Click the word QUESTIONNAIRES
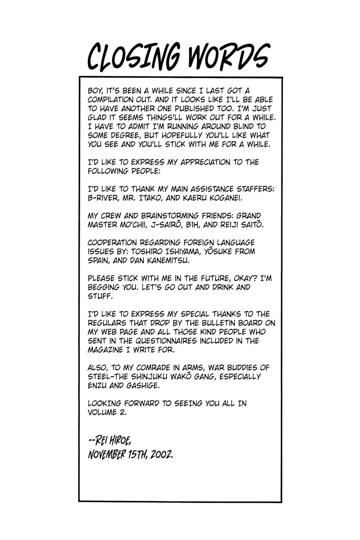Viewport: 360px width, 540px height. coord(166,341)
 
